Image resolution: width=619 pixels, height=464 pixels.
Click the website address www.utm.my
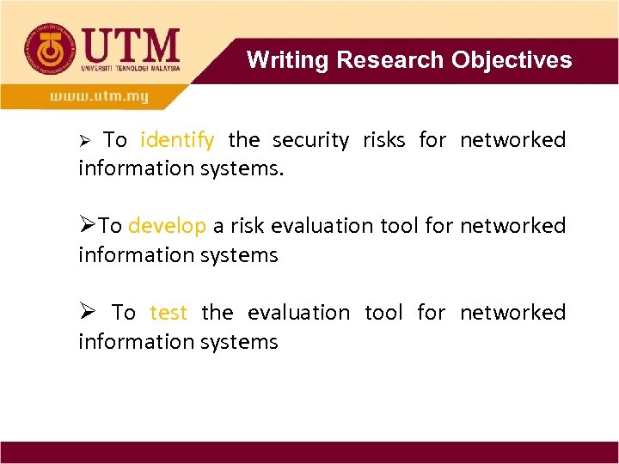tap(99, 96)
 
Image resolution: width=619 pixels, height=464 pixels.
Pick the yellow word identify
tap(177, 140)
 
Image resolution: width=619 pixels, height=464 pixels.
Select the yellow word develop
tap(167, 226)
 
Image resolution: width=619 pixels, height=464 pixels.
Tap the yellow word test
tap(168, 313)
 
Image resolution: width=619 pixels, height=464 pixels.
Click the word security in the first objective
tap(311, 140)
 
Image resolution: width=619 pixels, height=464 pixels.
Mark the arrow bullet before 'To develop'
tap(87, 226)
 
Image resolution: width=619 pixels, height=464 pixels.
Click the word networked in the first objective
tap(512, 140)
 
